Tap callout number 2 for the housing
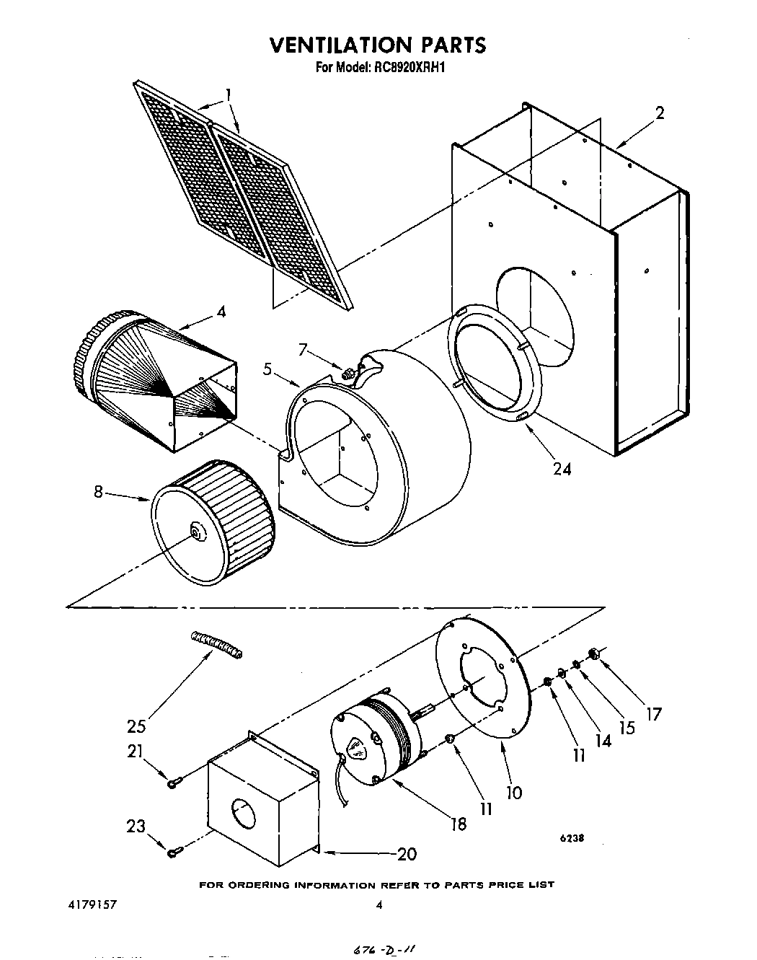(x=660, y=113)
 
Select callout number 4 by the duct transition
(x=221, y=312)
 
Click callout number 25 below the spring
(x=138, y=725)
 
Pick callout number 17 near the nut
(x=653, y=714)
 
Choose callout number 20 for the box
(x=407, y=854)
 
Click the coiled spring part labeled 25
(x=216, y=644)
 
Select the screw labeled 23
(x=172, y=853)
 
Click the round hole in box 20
(x=244, y=814)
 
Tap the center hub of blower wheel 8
(x=195, y=532)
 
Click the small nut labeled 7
(x=347, y=373)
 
